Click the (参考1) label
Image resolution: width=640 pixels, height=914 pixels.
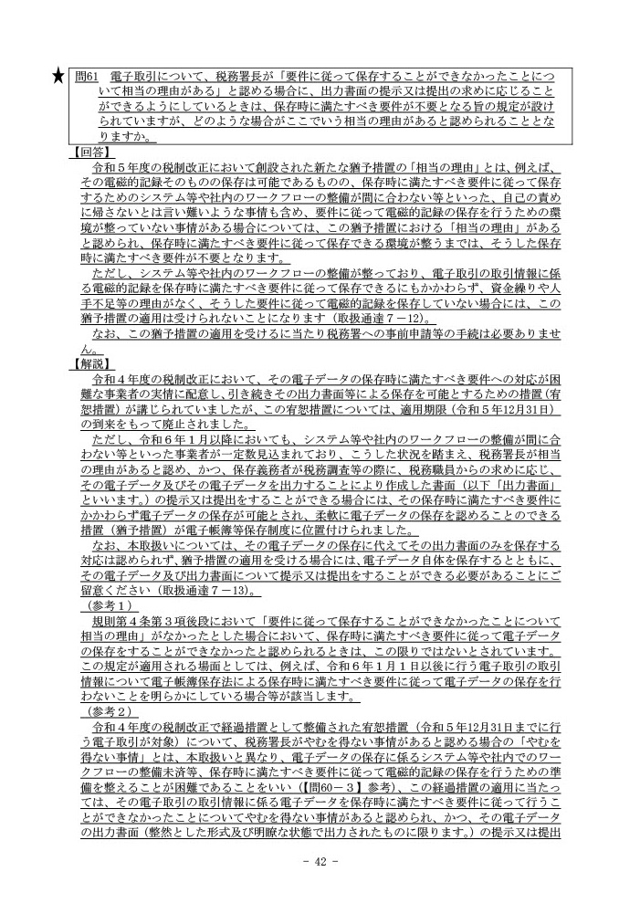(x=107, y=606)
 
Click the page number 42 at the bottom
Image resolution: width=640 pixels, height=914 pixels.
(x=320, y=862)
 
